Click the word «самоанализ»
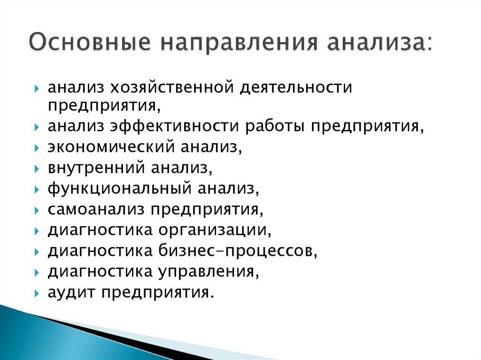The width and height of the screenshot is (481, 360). point(96,210)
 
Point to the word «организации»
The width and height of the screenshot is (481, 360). point(215,230)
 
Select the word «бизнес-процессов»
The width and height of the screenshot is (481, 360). point(238,251)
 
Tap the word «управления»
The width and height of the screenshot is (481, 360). point(211,272)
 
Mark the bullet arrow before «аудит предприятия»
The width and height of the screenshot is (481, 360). point(37,293)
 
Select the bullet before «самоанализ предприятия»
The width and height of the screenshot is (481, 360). point(37,210)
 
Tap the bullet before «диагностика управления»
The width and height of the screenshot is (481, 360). point(37,272)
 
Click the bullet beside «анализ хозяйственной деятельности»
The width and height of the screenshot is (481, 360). point(37,88)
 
